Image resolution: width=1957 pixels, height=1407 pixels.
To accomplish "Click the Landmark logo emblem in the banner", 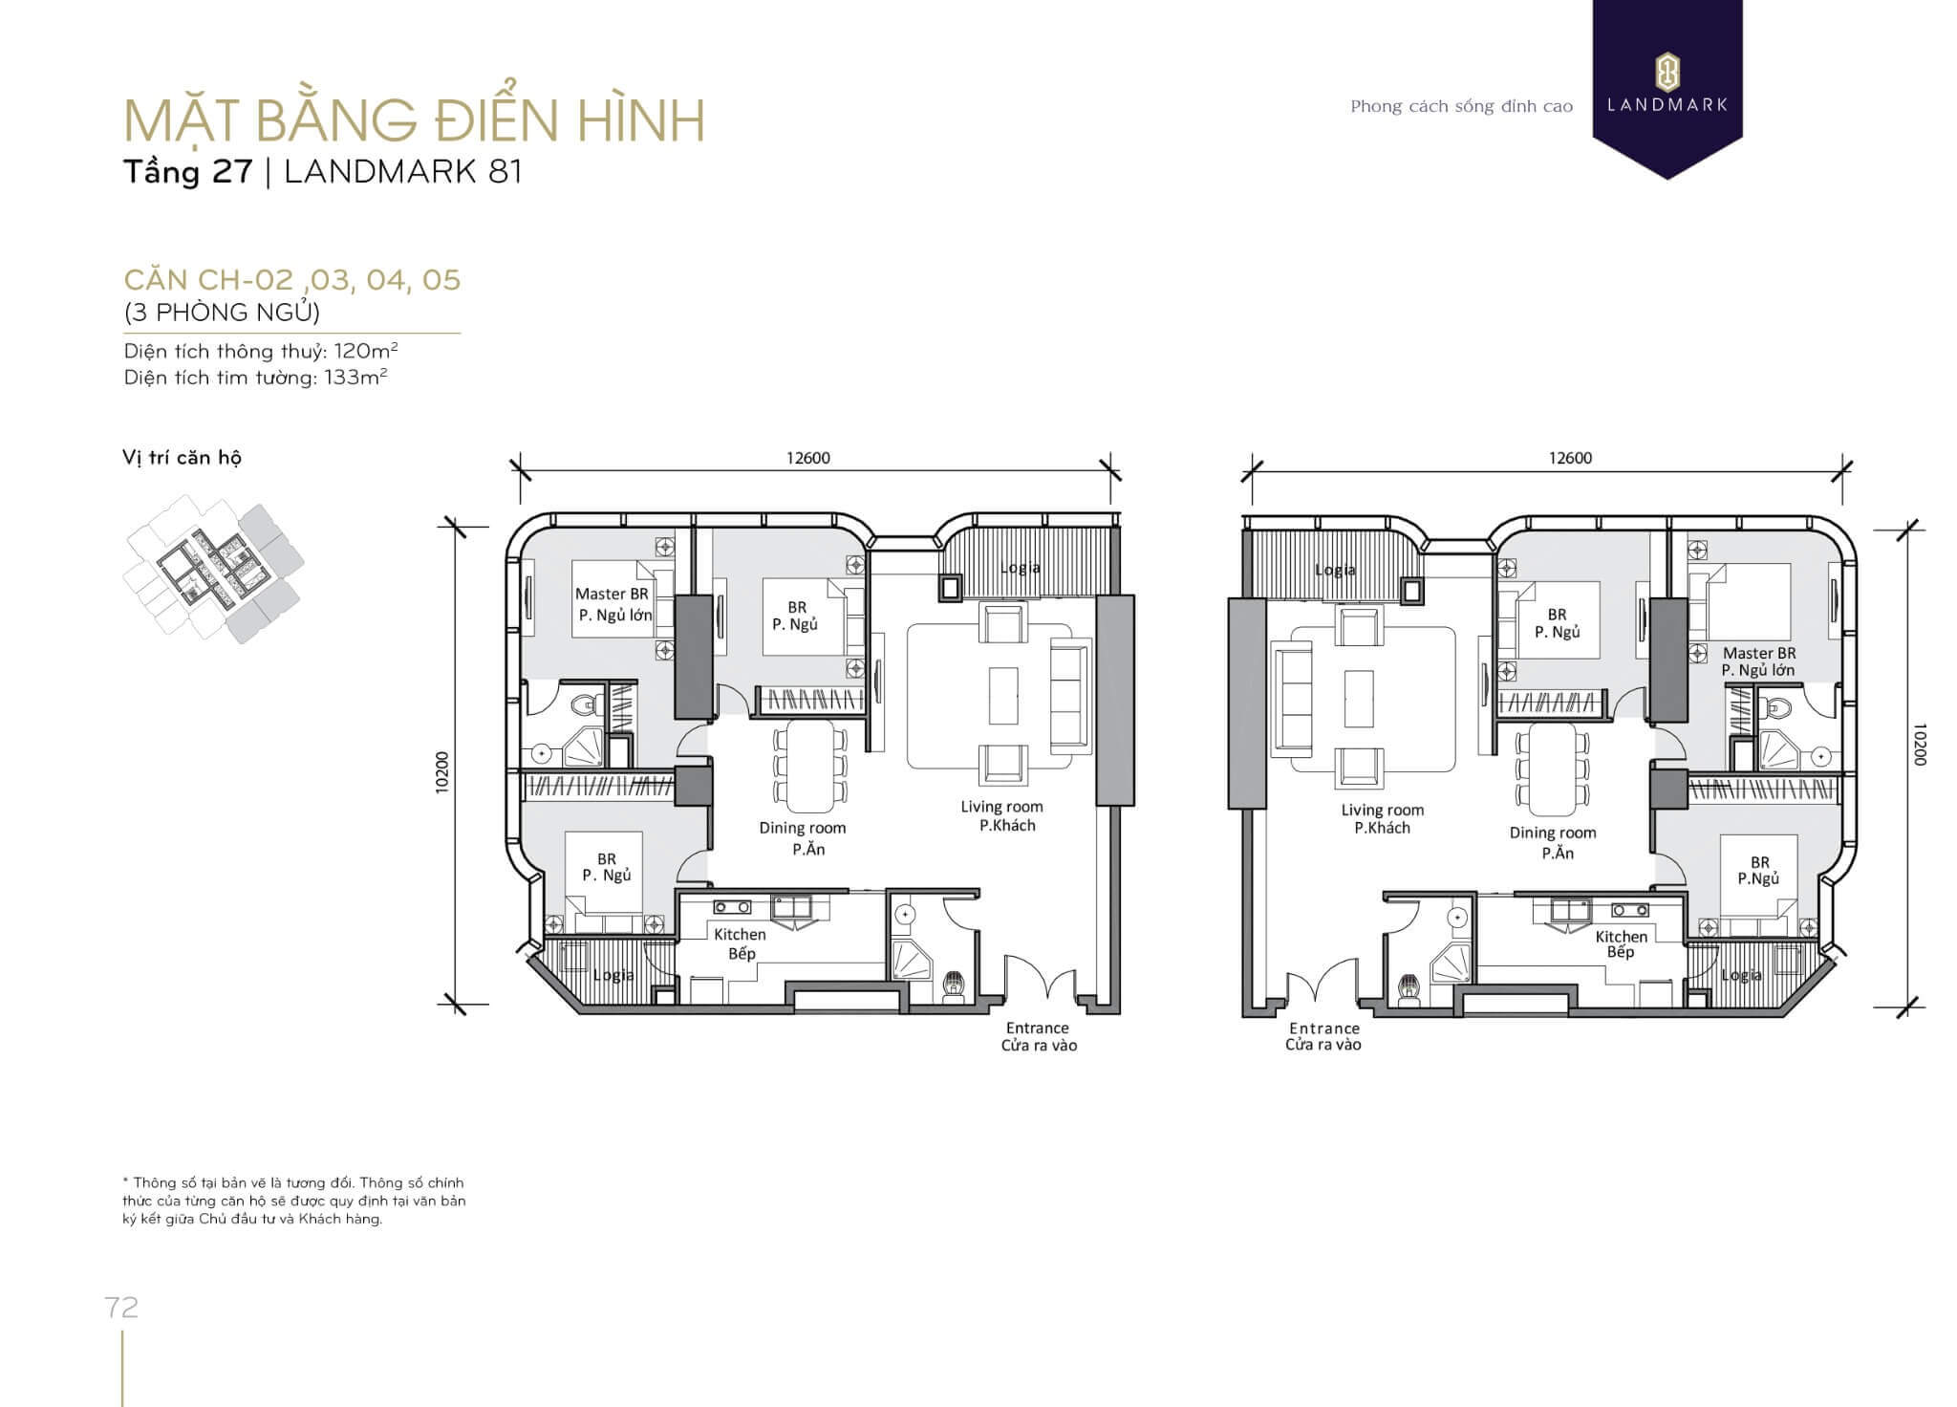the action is point(1667,73).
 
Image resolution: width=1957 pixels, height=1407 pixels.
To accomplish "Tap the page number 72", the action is point(122,1308).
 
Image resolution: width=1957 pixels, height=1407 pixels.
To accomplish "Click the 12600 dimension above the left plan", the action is point(808,458).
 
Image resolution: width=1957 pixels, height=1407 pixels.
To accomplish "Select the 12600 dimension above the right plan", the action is point(1570,458).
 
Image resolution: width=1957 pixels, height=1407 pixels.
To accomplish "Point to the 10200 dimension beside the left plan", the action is point(441,772).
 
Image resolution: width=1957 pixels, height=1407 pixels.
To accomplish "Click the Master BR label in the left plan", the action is point(612,594).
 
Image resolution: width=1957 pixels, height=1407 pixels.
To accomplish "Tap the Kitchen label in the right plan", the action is point(1622,937).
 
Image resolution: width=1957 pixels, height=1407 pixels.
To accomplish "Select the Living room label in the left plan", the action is point(1001,807).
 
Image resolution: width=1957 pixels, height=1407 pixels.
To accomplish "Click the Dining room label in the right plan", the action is point(1553,833).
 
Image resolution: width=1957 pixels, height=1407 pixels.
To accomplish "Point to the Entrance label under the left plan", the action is point(1037,1028).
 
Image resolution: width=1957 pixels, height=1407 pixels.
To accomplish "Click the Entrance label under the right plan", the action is point(1324,1028).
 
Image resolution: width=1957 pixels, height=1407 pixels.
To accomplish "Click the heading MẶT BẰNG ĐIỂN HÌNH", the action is point(415,120).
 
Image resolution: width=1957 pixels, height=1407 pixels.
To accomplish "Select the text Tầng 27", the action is point(188,172).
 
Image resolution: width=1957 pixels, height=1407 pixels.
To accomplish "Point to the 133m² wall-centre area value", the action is point(355,377).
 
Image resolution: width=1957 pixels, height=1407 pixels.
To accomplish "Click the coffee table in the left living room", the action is point(1002,695).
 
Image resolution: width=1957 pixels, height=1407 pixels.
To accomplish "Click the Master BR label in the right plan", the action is point(1759,653).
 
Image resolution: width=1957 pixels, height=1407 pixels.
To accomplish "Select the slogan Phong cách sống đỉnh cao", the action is point(1461,106).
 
